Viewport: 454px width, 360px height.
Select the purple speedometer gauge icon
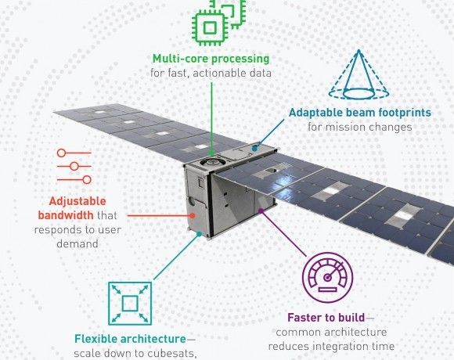point(328,277)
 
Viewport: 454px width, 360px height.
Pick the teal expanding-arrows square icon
point(130,304)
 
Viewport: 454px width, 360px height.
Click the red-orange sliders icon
point(74,167)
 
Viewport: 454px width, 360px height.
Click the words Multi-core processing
point(211,59)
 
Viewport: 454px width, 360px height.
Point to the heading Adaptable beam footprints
point(360,112)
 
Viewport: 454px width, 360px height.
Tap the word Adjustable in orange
point(77,201)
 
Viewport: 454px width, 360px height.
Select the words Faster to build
point(326,318)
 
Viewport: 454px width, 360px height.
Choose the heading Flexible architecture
point(130,339)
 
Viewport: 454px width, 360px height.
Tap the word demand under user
point(77,243)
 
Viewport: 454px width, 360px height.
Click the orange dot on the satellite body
point(193,215)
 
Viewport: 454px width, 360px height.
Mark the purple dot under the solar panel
point(261,211)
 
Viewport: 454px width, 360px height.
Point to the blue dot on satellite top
point(254,149)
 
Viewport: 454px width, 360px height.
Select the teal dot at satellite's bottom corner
point(199,234)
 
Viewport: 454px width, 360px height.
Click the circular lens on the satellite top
point(212,162)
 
